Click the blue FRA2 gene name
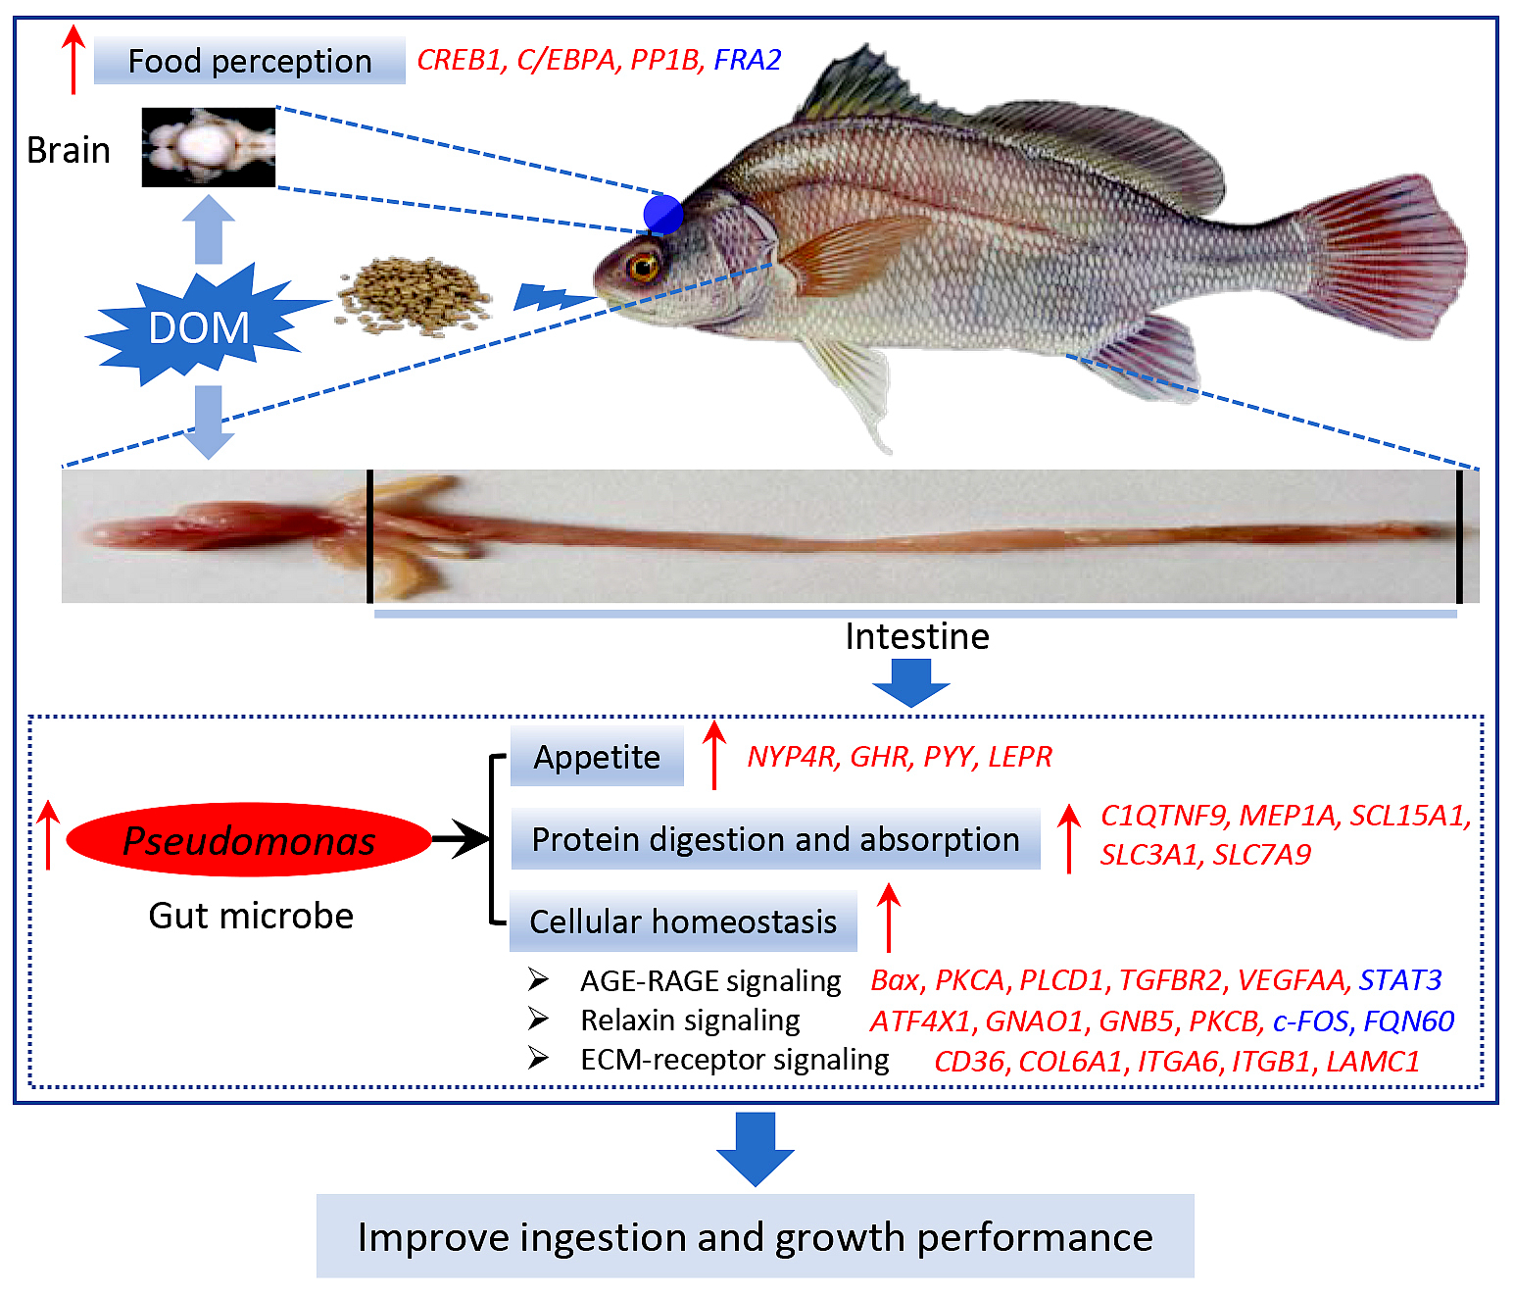[747, 60]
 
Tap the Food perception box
[249, 60]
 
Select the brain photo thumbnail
[209, 147]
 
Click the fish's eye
[643, 266]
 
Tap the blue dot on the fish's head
[662, 215]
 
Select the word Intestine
[916, 636]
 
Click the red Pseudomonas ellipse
[248, 839]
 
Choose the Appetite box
[597, 757]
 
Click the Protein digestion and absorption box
[775, 839]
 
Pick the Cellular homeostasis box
[683, 921]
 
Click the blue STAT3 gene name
[1399, 980]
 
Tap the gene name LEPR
[1019, 757]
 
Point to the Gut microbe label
[251, 916]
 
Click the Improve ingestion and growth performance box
[755, 1238]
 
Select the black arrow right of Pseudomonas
[460, 838]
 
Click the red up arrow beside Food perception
[73, 60]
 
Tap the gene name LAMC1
[1373, 1062]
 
